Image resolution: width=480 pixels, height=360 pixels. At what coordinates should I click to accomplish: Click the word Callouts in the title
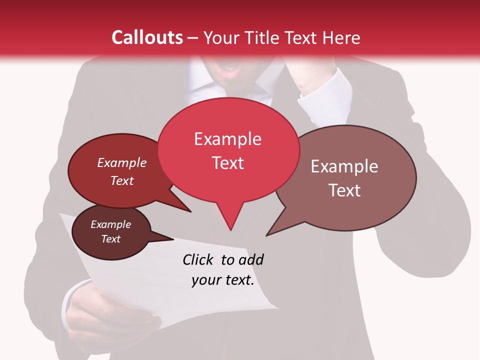click(x=147, y=37)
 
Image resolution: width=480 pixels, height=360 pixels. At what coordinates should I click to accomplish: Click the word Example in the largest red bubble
click(x=227, y=139)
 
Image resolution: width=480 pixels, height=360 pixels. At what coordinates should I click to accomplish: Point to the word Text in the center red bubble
click(x=227, y=163)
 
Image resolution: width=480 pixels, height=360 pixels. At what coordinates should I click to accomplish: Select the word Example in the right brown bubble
click(x=344, y=166)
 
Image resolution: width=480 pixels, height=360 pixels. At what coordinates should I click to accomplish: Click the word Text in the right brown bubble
click(x=344, y=190)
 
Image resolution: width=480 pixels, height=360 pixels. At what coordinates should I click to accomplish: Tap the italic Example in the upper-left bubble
click(x=121, y=162)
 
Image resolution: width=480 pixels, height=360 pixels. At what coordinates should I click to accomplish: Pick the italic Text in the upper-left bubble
click(x=121, y=180)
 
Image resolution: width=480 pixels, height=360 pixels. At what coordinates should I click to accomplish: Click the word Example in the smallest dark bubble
click(x=110, y=224)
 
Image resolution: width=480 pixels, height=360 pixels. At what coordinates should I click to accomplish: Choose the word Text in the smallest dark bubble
click(x=110, y=238)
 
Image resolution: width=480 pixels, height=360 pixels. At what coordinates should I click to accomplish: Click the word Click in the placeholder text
click(x=199, y=259)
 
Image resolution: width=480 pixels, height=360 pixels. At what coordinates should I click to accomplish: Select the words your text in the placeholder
click(x=223, y=280)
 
